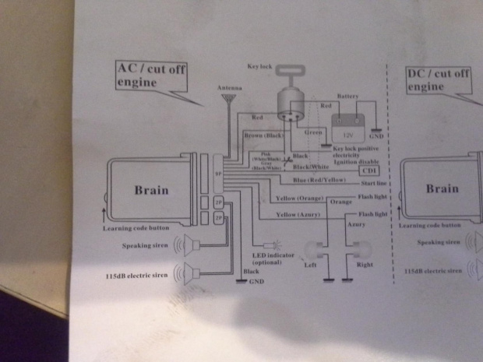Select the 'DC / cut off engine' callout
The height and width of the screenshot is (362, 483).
pyautogui.click(x=439, y=79)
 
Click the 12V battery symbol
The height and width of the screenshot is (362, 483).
pyautogui.click(x=346, y=126)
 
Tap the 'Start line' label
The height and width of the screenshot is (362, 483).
pyautogui.click(x=373, y=184)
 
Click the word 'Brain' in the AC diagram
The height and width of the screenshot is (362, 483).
pyautogui.click(x=150, y=190)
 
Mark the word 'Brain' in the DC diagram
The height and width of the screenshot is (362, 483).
pyautogui.click(x=442, y=188)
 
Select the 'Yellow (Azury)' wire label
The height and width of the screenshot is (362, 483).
pyautogui.click(x=298, y=213)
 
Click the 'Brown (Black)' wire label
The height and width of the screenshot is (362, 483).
pyautogui.click(x=263, y=135)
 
